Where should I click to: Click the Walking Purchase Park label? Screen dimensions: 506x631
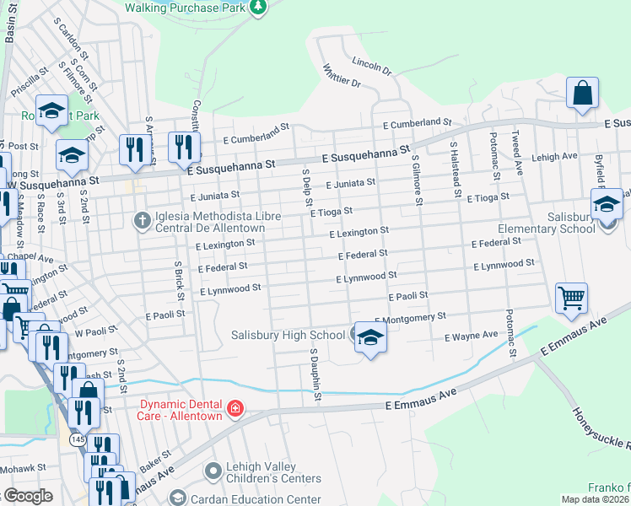pyautogui.click(x=186, y=8)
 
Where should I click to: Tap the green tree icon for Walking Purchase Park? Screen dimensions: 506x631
pyautogui.click(x=259, y=8)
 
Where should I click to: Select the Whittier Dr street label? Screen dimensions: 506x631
pyautogui.click(x=342, y=77)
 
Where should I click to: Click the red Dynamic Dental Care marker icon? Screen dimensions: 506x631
pyautogui.click(x=235, y=410)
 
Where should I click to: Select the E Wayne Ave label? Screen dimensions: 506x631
pyautogui.click(x=471, y=336)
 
